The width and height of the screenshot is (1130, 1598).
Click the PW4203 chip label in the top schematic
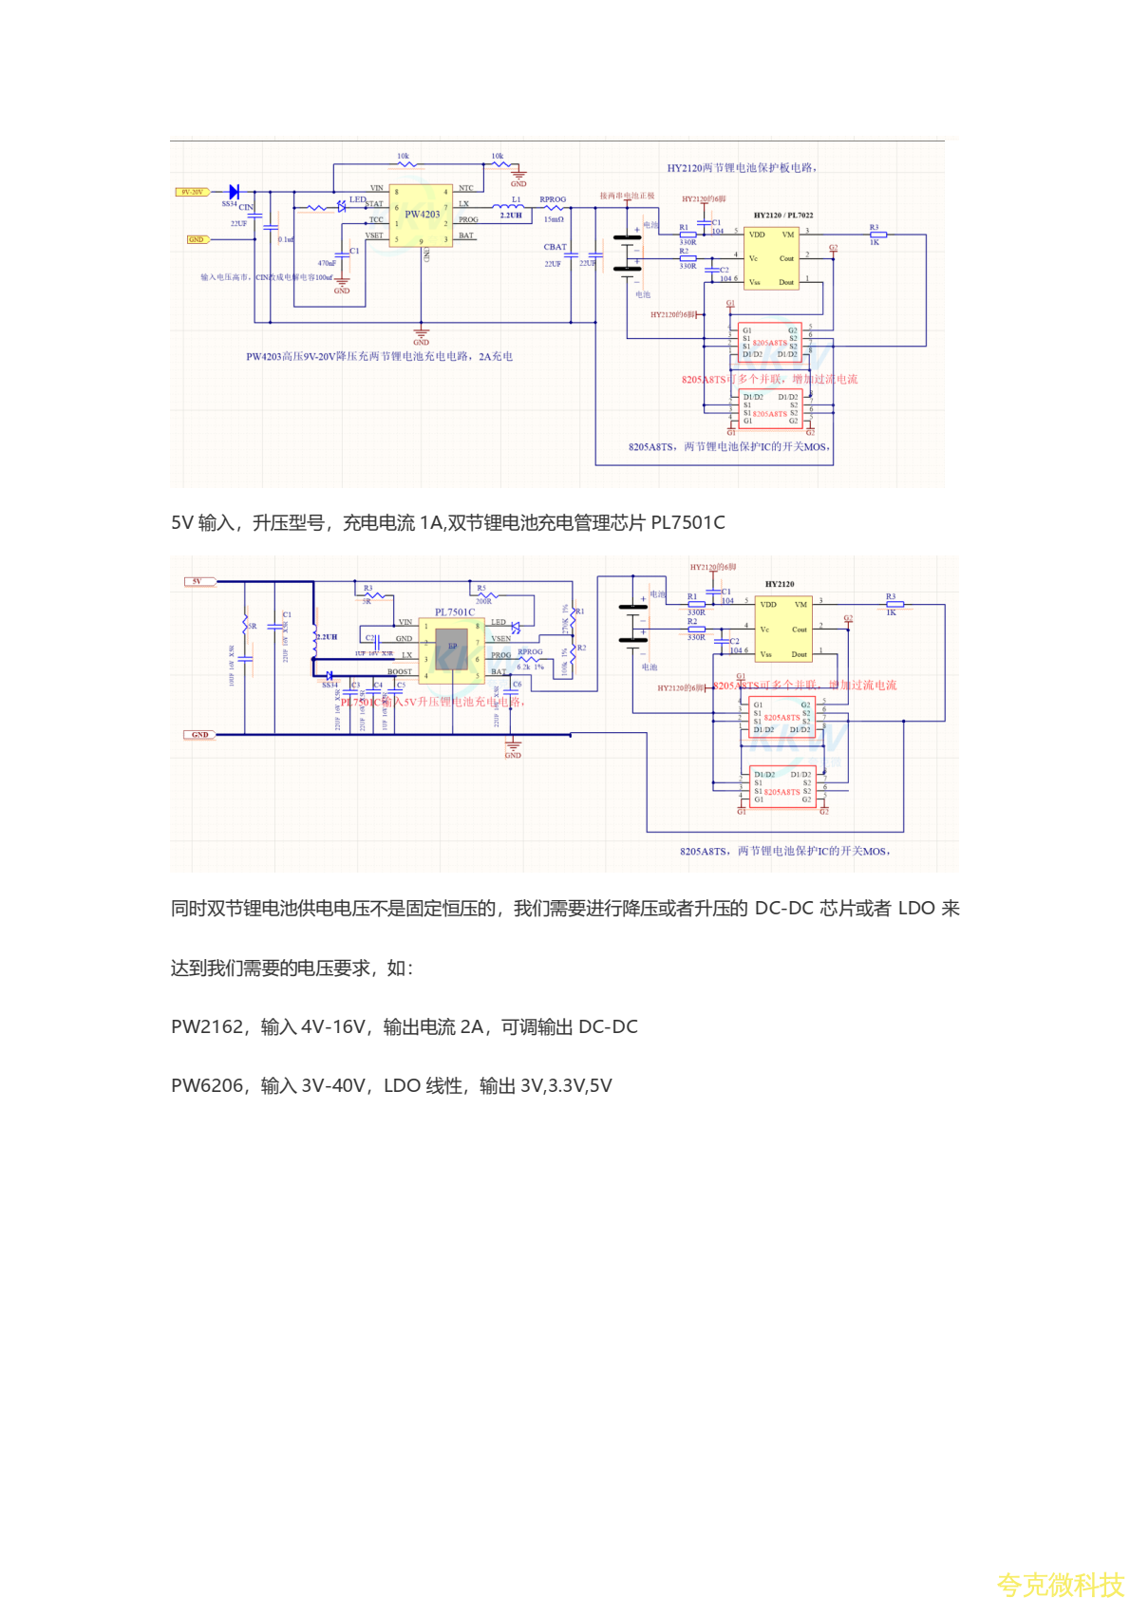coord(423,215)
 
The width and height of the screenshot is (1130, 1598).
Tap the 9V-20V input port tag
coord(192,192)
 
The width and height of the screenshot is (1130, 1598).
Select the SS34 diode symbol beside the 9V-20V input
coord(234,193)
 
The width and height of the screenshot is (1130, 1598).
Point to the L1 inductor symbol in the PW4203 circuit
coord(508,205)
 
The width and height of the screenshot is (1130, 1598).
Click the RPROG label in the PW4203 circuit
coord(553,200)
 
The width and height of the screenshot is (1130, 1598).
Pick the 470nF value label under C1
coord(326,264)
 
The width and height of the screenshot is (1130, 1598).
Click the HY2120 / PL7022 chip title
coord(783,216)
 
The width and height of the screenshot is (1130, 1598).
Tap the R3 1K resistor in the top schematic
coord(878,234)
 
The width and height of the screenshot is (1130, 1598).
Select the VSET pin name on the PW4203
coord(375,235)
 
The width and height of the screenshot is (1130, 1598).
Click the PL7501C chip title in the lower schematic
coord(455,612)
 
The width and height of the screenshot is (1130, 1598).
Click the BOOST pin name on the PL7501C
coord(400,672)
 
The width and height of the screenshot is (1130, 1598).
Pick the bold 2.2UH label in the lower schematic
coord(327,637)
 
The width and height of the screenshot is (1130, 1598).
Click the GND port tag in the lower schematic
coord(199,735)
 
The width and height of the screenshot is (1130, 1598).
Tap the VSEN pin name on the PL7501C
coord(501,639)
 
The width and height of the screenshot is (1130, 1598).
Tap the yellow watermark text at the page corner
coord(1060,1584)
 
